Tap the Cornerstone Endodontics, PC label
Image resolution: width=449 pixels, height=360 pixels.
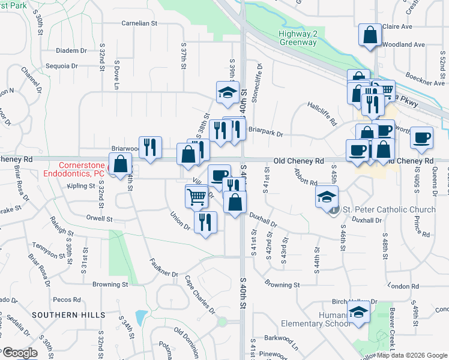(82, 169)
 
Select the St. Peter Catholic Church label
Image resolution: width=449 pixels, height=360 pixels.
(388, 209)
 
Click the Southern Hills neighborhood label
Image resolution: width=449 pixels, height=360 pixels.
(68, 314)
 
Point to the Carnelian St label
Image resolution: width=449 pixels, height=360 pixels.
(139, 23)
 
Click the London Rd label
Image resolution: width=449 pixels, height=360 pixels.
(403, 286)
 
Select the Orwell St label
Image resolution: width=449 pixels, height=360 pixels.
(99, 218)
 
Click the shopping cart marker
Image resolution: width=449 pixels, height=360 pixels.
(196, 196)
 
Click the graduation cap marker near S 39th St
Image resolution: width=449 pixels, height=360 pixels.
(228, 92)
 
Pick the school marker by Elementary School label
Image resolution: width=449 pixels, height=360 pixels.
(359, 313)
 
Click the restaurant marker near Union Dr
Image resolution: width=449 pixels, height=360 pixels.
(205, 222)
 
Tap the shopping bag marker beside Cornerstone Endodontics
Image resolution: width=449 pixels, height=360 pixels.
(121, 163)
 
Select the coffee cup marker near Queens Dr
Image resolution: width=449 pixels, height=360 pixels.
(421, 137)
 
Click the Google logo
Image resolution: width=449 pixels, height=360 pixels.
(19, 353)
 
